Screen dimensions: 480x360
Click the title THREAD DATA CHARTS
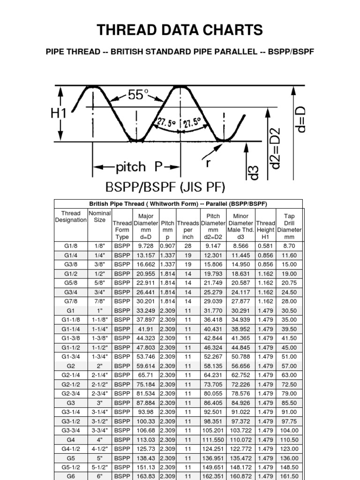pos(180,31)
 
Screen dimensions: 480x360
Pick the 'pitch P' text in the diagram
pos(136,167)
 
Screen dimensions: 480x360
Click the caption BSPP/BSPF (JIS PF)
pos(165,187)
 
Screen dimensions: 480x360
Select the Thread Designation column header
pos(71,217)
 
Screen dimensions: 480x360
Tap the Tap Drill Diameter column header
pos(289,226)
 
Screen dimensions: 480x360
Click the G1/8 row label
pos(71,246)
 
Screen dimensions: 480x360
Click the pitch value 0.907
pos(167,246)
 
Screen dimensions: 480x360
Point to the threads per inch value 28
pos(188,246)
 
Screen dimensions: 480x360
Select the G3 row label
pos(71,403)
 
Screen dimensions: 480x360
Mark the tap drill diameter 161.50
pos(289,476)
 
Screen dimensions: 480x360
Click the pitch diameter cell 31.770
pos(213,310)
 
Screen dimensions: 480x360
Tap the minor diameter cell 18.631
pos(240,273)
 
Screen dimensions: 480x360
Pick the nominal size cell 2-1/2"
pos(100,384)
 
